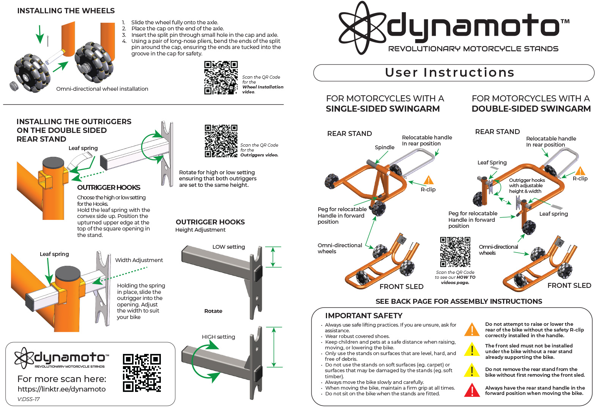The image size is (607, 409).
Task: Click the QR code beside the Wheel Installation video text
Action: [221, 77]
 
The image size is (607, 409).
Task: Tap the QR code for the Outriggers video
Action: [221, 141]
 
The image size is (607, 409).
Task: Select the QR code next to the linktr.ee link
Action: [142, 373]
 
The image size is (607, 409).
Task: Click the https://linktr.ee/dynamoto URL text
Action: [61, 389]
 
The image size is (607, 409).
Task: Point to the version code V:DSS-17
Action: [28, 399]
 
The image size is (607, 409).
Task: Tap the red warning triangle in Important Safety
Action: [472, 390]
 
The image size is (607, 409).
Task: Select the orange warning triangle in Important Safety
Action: [472, 330]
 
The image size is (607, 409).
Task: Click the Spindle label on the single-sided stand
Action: [384, 147]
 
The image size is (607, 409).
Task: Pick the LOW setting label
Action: [228, 247]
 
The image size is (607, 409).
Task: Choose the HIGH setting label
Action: [218, 337]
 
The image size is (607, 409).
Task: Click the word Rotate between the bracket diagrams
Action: [213, 311]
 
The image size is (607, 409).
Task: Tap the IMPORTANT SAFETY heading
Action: [363, 316]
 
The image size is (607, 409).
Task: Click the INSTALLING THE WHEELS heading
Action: [66, 11]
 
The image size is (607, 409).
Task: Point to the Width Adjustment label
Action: [139, 260]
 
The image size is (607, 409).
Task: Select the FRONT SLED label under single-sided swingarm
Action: [401, 287]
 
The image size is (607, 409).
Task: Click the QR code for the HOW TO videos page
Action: [455, 252]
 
